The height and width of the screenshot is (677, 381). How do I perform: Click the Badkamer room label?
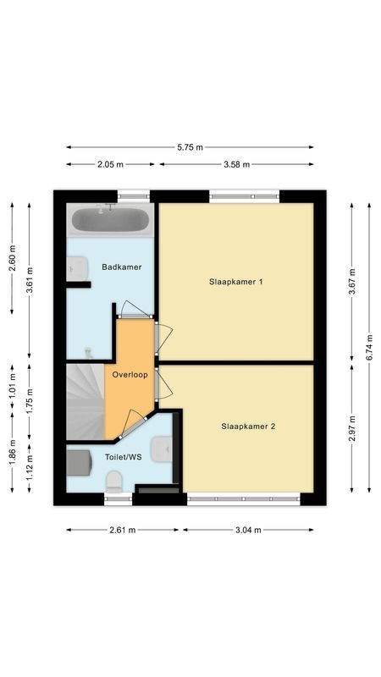click(121, 267)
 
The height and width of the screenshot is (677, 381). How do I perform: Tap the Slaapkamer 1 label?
click(235, 281)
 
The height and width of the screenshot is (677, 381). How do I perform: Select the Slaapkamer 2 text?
click(249, 427)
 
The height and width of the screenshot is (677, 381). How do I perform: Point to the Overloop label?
click(130, 373)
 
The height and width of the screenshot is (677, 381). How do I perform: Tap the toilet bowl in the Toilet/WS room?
click(115, 481)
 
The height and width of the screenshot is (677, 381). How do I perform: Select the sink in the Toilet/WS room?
click(164, 449)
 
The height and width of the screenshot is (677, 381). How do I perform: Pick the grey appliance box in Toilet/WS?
click(79, 463)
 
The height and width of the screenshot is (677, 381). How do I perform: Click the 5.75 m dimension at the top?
click(190, 147)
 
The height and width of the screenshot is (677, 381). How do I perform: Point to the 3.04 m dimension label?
click(248, 531)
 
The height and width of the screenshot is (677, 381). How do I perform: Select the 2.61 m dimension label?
click(123, 531)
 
